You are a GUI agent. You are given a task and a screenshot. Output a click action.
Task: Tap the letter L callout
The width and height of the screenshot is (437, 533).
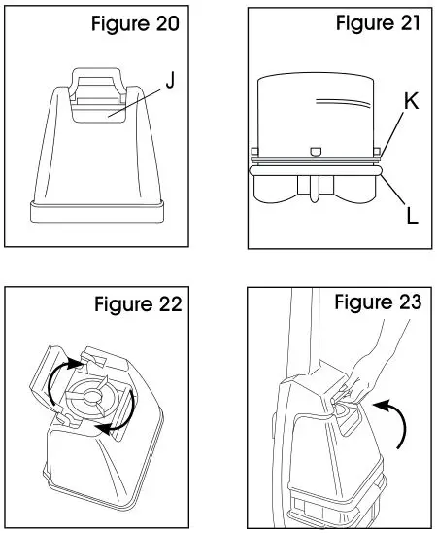pyautogui.click(x=411, y=216)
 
